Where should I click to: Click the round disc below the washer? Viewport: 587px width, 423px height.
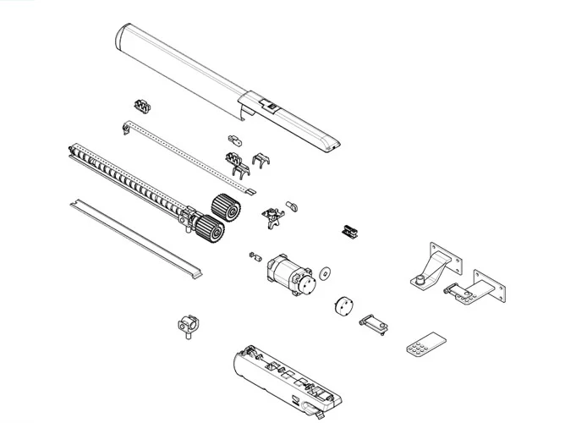[342, 305]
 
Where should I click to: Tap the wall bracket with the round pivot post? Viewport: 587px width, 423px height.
[433, 266]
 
